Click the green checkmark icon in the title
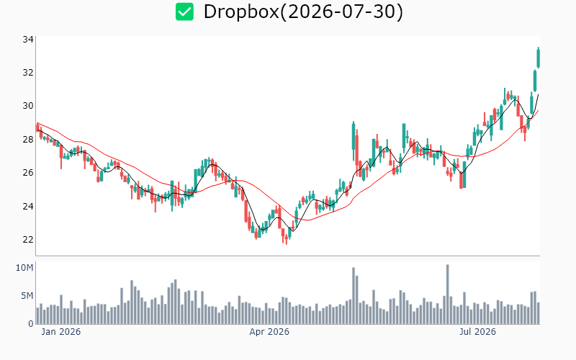pos(184,12)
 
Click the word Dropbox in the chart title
pos(241,12)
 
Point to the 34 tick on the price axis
pos(28,40)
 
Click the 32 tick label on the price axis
pos(28,73)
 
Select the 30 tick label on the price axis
pos(28,106)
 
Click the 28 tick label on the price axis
pos(28,139)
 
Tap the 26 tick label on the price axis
pos(28,173)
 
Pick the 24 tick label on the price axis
pos(28,206)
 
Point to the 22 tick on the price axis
pos(28,240)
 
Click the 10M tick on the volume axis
pos(24,268)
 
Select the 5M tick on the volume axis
pos(27,296)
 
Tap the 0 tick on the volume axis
pos(31,323)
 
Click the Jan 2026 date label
pos(61,332)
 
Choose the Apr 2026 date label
pos(269,332)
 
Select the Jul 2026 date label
pos(477,332)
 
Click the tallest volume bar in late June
pos(447,294)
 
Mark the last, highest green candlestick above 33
pos(539,58)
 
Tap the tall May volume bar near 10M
pos(354,296)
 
